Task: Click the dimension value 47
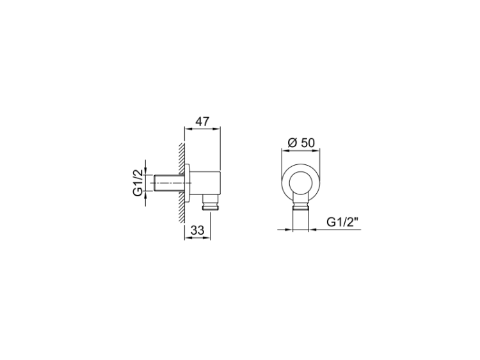[x=202, y=121]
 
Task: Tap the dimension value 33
[x=197, y=230]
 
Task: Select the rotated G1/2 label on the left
[x=138, y=183]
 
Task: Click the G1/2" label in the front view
[x=342, y=222]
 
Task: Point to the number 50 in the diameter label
[x=308, y=143]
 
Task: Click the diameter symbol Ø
[x=292, y=143]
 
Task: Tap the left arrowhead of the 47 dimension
[x=188, y=129]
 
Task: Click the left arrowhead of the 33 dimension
[x=188, y=238]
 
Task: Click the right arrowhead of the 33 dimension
[x=207, y=238]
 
